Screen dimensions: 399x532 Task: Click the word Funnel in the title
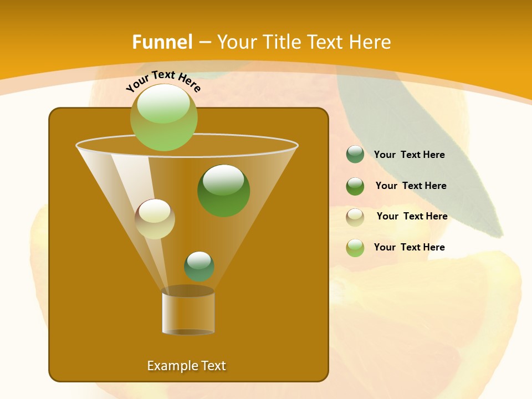[162, 42]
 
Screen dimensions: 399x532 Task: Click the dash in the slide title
[204, 43]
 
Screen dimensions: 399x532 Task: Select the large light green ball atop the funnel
[164, 117]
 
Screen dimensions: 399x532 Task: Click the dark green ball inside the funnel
[224, 191]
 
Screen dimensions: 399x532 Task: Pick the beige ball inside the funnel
[155, 219]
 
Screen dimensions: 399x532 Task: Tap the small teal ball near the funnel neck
[199, 266]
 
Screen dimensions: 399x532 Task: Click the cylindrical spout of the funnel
[188, 311]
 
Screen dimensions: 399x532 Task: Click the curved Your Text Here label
[163, 80]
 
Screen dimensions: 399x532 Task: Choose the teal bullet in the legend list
[355, 155]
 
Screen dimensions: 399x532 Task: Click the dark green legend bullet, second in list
[355, 186]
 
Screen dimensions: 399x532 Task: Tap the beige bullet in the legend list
[355, 217]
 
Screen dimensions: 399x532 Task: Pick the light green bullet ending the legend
[355, 248]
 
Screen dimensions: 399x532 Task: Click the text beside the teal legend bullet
[409, 155]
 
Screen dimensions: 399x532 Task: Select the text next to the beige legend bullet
[412, 217]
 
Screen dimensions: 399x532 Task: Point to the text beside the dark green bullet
[411, 186]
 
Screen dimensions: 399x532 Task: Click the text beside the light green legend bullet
[409, 248]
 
